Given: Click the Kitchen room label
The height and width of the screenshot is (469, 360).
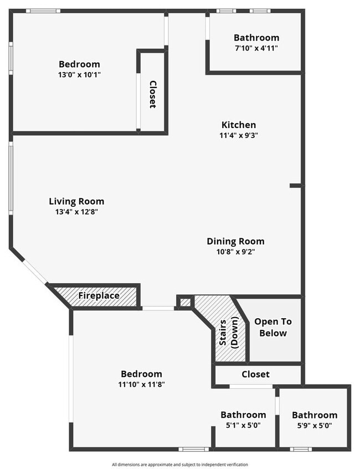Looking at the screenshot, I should pyautogui.click(x=239, y=125).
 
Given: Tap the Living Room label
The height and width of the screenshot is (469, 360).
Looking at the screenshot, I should pyautogui.click(x=76, y=201).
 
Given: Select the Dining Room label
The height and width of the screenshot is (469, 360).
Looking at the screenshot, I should pyautogui.click(x=235, y=241).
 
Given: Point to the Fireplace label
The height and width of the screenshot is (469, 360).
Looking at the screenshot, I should pyautogui.click(x=99, y=295).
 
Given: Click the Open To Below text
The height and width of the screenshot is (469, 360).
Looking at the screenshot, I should pyautogui.click(x=273, y=327).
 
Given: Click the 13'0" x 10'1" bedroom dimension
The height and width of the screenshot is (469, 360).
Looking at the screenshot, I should pyautogui.click(x=79, y=74).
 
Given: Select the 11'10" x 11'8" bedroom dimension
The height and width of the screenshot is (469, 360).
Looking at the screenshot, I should pyautogui.click(x=141, y=384).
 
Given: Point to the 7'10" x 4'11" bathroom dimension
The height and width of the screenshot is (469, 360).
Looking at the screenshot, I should pyautogui.click(x=256, y=48).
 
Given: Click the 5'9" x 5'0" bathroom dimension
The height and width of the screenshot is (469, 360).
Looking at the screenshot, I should pyautogui.click(x=315, y=425).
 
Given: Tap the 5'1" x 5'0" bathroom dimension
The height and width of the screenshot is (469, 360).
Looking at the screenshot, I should pyautogui.click(x=243, y=425).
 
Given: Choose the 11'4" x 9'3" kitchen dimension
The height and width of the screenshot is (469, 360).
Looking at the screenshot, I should pyautogui.click(x=239, y=135).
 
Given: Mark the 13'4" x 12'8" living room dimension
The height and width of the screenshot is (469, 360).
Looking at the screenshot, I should pyautogui.click(x=76, y=211).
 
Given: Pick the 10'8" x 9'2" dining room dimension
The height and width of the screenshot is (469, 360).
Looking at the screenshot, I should pyautogui.click(x=235, y=251).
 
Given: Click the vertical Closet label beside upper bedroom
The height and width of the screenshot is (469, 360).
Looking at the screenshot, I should pyautogui.click(x=153, y=94).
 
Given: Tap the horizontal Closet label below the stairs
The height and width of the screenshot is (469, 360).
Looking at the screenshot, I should pyautogui.click(x=255, y=374).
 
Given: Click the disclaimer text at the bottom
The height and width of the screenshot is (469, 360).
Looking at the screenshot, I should pyautogui.click(x=180, y=464).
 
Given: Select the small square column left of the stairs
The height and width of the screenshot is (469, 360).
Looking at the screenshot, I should pyautogui.click(x=184, y=302).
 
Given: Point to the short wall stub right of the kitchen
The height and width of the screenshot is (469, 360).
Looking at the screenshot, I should pyautogui.click(x=296, y=186).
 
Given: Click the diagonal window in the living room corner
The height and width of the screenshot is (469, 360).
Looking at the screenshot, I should pyautogui.click(x=35, y=272).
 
